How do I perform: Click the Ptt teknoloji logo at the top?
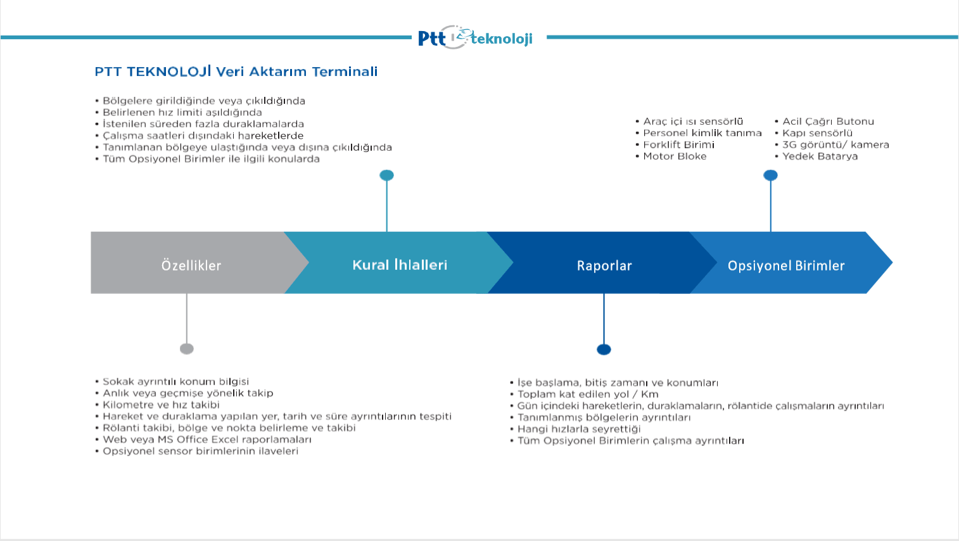(475, 37)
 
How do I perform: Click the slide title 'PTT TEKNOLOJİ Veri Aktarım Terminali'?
(236, 71)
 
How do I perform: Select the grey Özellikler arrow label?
(191, 265)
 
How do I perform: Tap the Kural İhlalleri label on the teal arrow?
(400, 265)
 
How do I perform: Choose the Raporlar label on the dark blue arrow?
(604, 266)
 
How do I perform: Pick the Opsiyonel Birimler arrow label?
(786, 266)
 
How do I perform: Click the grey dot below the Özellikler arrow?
(187, 349)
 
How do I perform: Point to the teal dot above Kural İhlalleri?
(386, 175)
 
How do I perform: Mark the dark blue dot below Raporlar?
(604, 350)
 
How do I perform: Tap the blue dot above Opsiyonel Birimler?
(771, 175)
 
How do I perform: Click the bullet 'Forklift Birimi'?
(678, 144)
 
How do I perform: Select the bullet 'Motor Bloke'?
(675, 156)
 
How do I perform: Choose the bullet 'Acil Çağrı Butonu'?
(828, 122)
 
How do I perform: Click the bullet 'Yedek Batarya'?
(820, 156)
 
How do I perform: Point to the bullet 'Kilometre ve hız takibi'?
(161, 405)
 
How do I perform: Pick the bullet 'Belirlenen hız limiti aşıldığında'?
(182, 113)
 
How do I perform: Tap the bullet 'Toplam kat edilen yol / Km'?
(587, 394)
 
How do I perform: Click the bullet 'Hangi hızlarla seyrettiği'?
(579, 429)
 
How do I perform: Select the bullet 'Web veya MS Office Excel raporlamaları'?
(206, 440)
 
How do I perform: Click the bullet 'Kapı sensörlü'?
(817, 133)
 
